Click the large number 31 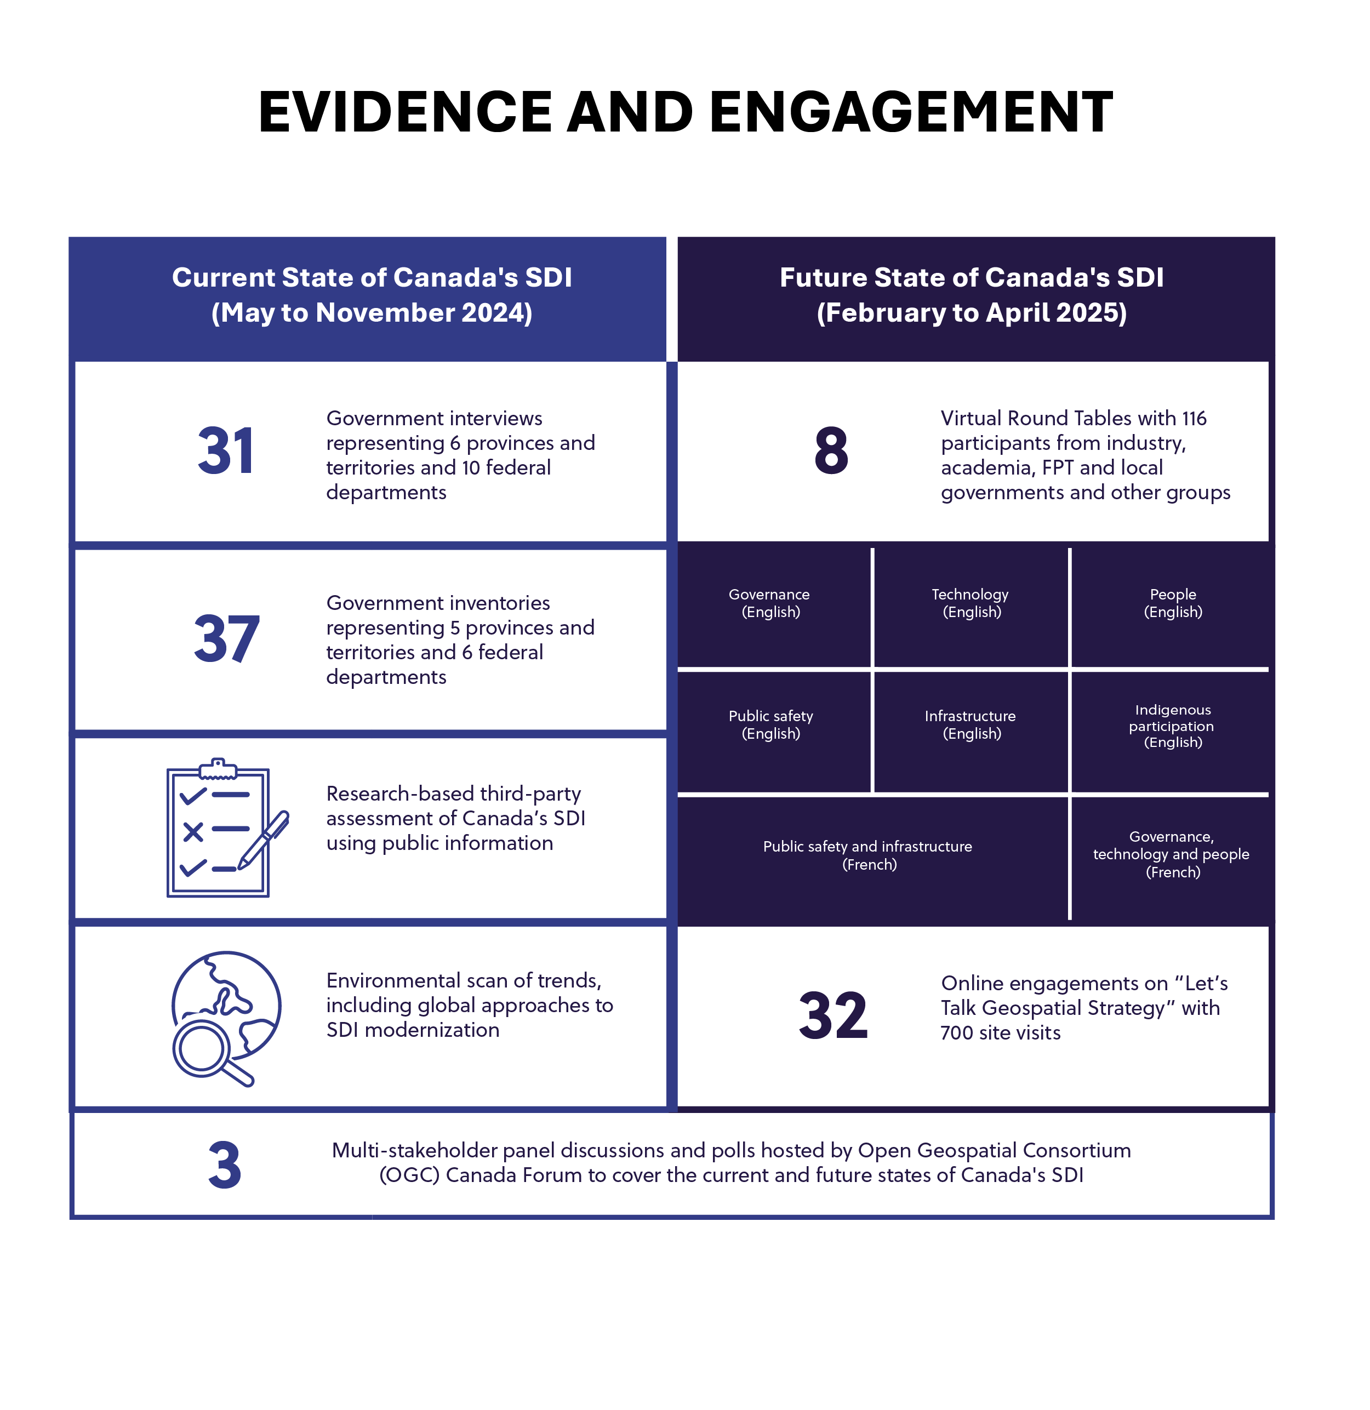(226, 452)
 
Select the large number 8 (831, 452)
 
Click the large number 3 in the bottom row (225, 1166)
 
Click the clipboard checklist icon (218, 829)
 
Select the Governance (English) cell (770, 604)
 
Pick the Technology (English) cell (971, 604)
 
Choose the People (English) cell (1173, 604)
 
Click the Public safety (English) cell (770, 725)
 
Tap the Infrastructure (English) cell (971, 725)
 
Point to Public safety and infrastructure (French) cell (869, 856)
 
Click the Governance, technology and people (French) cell (1172, 855)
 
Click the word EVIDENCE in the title (405, 113)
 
